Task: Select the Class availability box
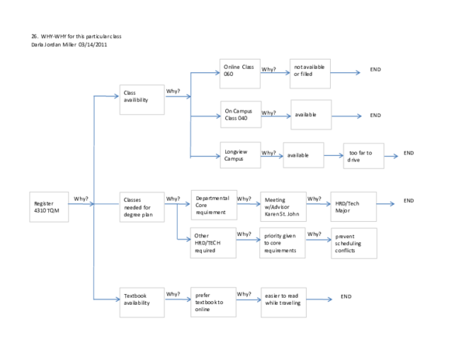click(x=141, y=99)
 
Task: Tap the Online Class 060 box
click(x=240, y=74)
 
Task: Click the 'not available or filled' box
click(x=311, y=74)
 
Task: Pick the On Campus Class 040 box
click(x=240, y=116)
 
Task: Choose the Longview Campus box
click(x=240, y=156)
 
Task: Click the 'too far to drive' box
click(x=363, y=157)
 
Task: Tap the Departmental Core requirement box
click(x=214, y=205)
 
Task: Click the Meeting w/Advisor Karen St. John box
click(x=283, y=206)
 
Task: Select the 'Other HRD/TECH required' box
click(x=214, y=242)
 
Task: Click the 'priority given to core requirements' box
click(x=283, y=242)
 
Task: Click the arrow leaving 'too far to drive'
click(x=391, y=157)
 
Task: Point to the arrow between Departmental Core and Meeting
click(x=249, y=205)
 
